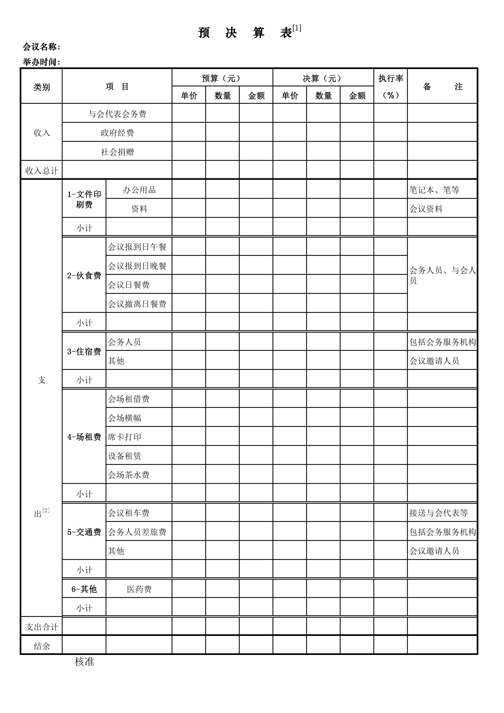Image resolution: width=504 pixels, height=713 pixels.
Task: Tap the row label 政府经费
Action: coord(117,133)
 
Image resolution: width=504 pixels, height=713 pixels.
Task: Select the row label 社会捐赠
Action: coord(117,152)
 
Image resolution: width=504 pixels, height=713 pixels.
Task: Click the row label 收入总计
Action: coord(42,171)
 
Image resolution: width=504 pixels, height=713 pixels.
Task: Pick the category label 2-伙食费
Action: coord(84,275)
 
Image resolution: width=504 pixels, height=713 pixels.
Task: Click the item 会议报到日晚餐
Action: coord(137,266)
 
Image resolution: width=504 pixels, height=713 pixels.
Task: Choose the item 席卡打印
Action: coord(125,437)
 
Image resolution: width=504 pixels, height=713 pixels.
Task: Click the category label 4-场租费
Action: coord(84,437)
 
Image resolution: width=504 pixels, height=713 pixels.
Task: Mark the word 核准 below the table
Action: coord(85,662)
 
